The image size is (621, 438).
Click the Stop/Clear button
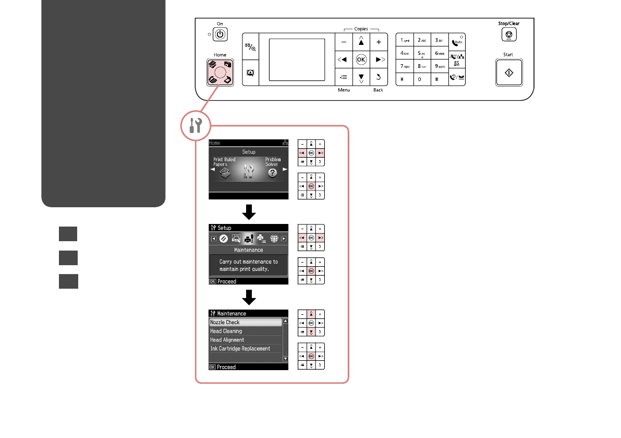(x=508, y=35)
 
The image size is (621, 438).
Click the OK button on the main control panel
(x=361, y=60)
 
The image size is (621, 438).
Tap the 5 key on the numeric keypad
(x=422, y=53)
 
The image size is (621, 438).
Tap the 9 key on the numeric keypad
(x=440, y=66)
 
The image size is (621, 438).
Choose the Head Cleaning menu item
(x=226, y=331)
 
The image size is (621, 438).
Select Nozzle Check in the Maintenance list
(x=225, y=322)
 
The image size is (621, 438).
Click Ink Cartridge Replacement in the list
(x=240, y=348)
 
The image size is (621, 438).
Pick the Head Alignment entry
(x=227, y=340)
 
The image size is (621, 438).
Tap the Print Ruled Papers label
(x=225, y=162)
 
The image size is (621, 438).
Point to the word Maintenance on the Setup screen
(x=249, y=250)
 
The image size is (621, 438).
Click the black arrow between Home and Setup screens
(x=249, y=211)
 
